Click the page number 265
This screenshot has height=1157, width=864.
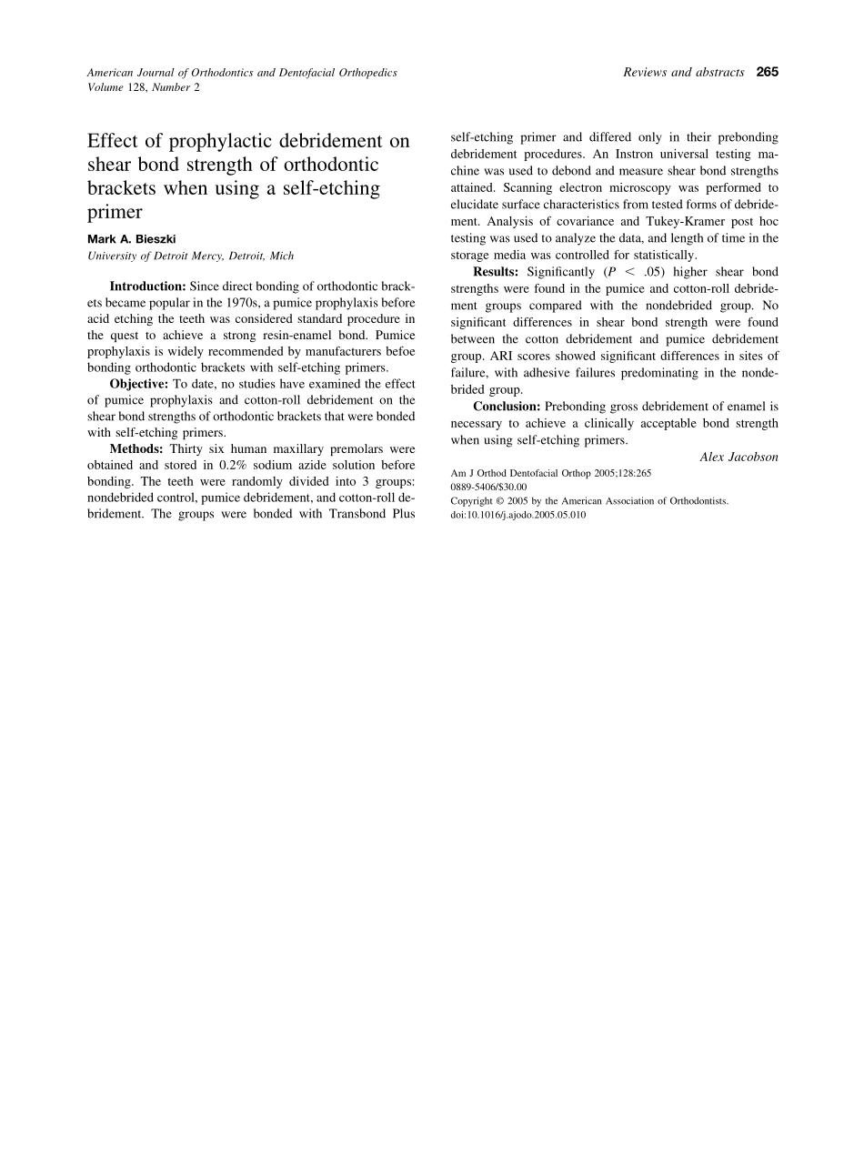(767, 73)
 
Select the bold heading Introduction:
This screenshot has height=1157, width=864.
(147, 286)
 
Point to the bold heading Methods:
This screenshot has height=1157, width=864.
(137, 449)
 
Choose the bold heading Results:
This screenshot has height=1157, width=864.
(496, 272)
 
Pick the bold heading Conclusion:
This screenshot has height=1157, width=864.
(507, 407)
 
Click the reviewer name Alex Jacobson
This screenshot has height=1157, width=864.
(738, 458)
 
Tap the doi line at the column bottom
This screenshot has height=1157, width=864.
(518, 514)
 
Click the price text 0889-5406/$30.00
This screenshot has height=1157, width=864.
(488, 487)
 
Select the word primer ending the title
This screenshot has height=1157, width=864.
(115, 213)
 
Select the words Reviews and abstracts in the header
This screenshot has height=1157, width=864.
(684, 73)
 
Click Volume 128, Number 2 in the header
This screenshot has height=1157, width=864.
(143, 87)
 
